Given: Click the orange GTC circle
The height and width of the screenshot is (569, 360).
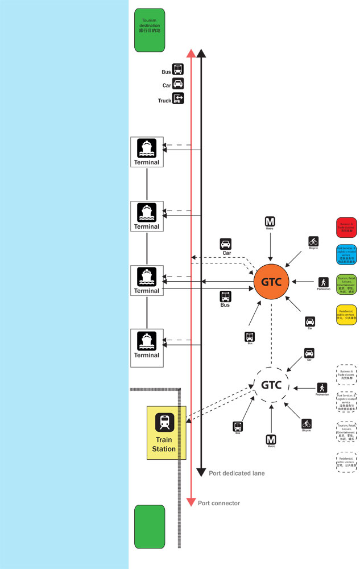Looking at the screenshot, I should coord(271,281).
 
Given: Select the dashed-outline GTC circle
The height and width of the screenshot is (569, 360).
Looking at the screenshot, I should coord(271,385).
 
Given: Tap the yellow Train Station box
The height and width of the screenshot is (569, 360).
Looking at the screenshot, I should coord(166,433).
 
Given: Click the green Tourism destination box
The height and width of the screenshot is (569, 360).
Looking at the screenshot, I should coord(150,30).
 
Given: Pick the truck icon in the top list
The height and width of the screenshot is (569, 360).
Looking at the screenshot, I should coord(178,98).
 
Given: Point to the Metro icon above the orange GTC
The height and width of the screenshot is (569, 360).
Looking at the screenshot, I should coord(270,221).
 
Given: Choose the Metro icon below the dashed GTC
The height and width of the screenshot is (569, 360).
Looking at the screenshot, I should coord(271,439).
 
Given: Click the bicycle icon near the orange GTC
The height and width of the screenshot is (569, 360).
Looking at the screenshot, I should coord(313,241).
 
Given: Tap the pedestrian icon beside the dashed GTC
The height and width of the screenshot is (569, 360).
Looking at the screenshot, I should coord(322,387).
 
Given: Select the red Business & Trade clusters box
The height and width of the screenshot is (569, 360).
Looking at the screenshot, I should coord(346,226).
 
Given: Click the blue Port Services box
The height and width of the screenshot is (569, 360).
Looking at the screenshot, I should coord(346,255).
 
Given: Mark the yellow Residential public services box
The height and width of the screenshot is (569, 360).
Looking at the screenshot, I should coord(346,314).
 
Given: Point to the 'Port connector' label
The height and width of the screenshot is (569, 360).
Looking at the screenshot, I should coord(219,503).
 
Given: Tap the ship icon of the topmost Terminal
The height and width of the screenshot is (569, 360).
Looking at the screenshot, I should coord(147,149).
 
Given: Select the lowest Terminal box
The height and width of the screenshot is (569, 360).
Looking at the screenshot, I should coord(147,345).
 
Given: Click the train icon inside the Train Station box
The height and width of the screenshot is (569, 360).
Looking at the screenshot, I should coord(165,422).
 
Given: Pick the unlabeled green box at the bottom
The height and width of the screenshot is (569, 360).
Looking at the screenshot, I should coord(150,526).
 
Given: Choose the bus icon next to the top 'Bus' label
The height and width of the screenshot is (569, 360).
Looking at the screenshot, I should coord(178,70).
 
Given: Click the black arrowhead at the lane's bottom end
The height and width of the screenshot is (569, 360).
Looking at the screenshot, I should coord(201,472).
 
